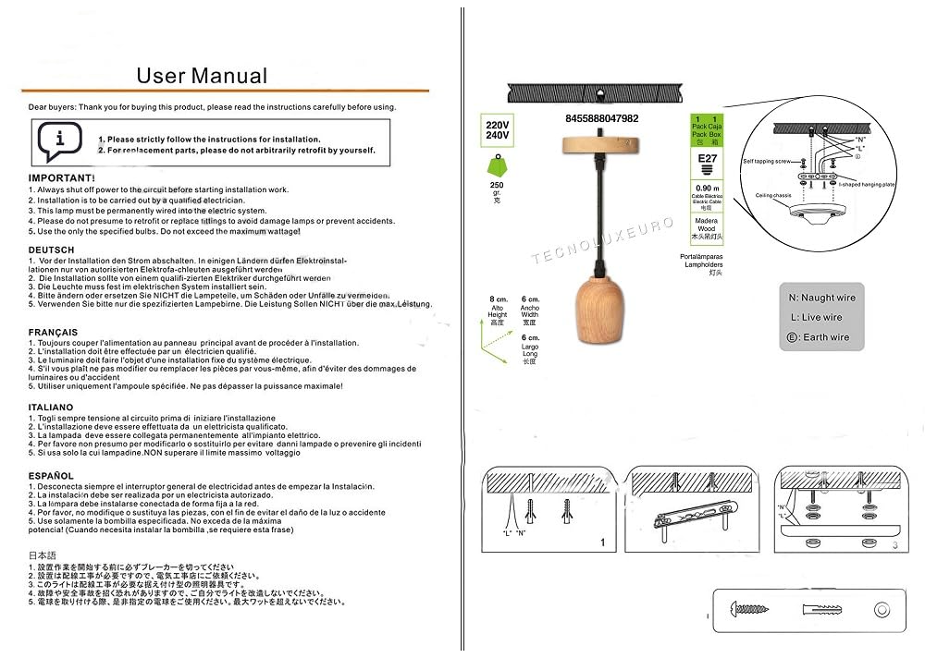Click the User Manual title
click(202, 76)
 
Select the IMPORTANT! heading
click(61, 177)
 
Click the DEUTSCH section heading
click(52, 250)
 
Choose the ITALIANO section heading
click(51, 407)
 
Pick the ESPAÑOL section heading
click(51, 475)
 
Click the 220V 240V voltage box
click(497, 130)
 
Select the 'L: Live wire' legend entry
click(815, 317)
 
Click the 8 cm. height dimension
click(499, 300)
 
